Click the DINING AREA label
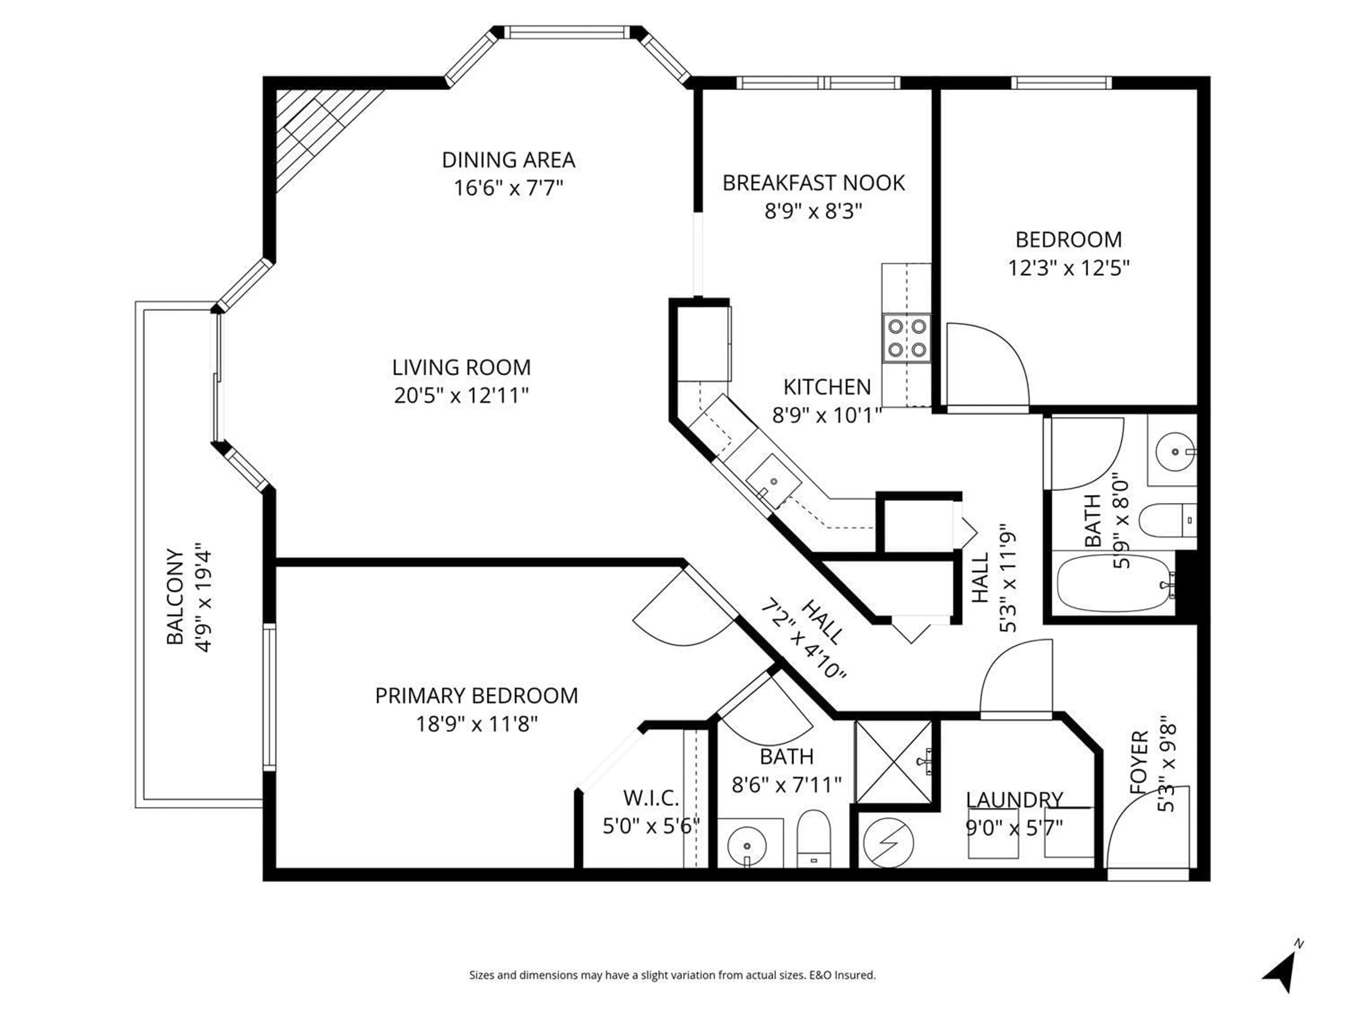(x=508, y=160)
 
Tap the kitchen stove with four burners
(x=906, y=338)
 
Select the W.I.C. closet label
(x=651, y=797)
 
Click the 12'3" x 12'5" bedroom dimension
(x=1068, y=268)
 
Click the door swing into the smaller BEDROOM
(x=985, y=365)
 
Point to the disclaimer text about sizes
(x=672, y=975)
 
